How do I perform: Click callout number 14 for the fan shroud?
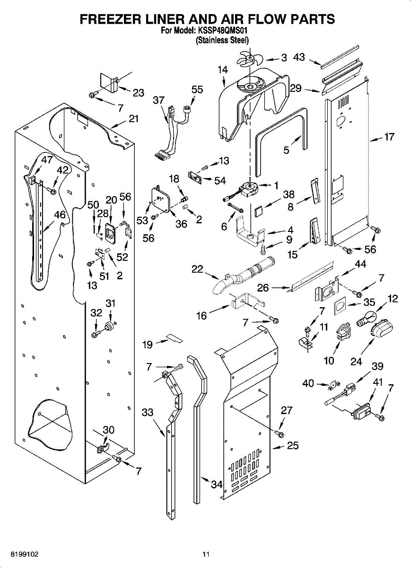[223, 70]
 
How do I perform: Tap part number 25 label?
[293, 445]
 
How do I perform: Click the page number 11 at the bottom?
[206, 554]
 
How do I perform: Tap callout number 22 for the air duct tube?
[197, 269]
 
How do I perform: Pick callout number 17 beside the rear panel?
[389, 137]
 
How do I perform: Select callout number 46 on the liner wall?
[60, 214]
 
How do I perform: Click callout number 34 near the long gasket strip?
[217, 484]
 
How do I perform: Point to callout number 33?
[148, 413]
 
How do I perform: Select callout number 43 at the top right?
[299, 57]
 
